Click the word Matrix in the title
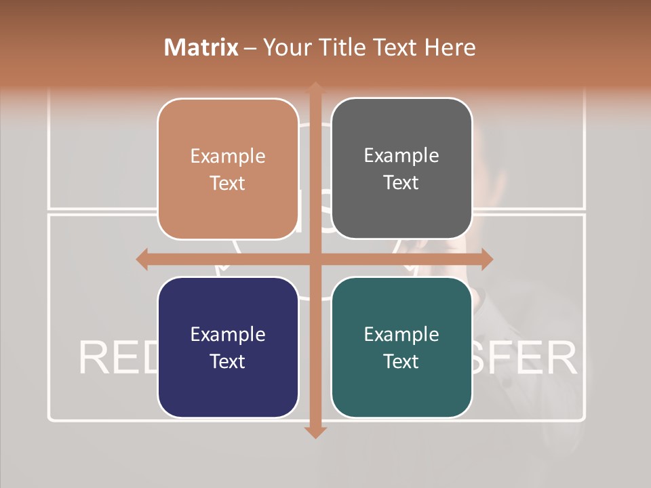pos(201,47)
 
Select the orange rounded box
pos(228,169)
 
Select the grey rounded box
pos(401,169)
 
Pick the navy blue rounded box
pos(228,347)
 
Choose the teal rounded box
pos(401,347)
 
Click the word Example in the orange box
pos(228,157)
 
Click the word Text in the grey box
pos(401,183)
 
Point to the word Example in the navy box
pos(228,334)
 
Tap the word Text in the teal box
pos(401,361)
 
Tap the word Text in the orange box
pos(228,184)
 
